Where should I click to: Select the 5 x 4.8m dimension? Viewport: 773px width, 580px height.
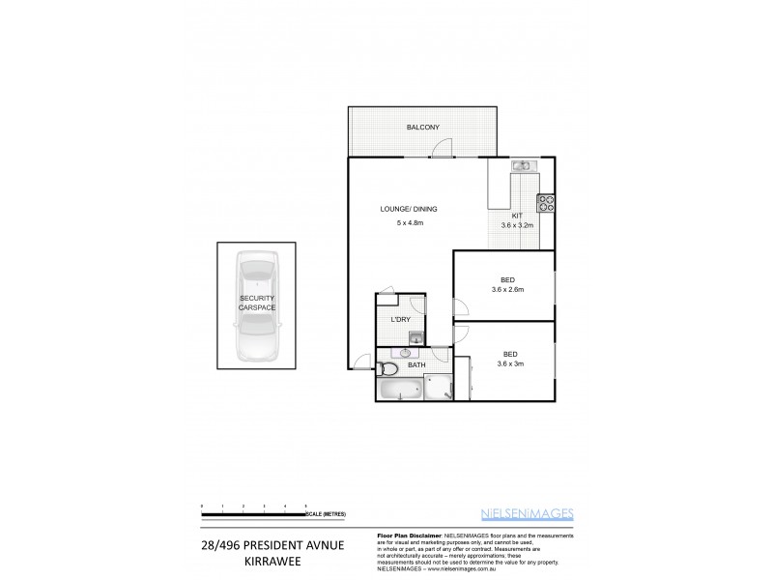click(x=411, y=224)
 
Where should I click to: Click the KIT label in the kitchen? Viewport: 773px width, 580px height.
click(x=517, y=216)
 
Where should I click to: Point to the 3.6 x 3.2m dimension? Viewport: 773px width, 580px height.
click(x=517, y=225)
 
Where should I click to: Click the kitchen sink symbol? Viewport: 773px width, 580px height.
click(x=523, y=166)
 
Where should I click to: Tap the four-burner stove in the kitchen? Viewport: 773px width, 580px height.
click(x=545, y=203)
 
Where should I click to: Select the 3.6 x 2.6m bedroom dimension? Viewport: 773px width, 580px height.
click(x=507, y=289)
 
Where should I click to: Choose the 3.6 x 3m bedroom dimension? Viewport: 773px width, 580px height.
click(x=507, y=363)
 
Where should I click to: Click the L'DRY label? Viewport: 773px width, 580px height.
click(x=401, y=320)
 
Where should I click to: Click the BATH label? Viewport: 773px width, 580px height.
click(x=416, y=365)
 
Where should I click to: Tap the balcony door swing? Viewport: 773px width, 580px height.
click(x=442, y=148)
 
